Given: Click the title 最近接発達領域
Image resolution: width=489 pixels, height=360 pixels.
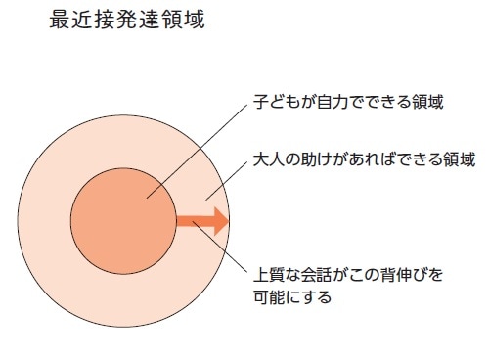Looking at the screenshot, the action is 126,20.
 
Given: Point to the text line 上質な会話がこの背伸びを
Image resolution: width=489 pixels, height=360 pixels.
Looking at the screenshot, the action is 347,274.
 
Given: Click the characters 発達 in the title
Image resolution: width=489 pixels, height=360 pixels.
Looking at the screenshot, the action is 136,20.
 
